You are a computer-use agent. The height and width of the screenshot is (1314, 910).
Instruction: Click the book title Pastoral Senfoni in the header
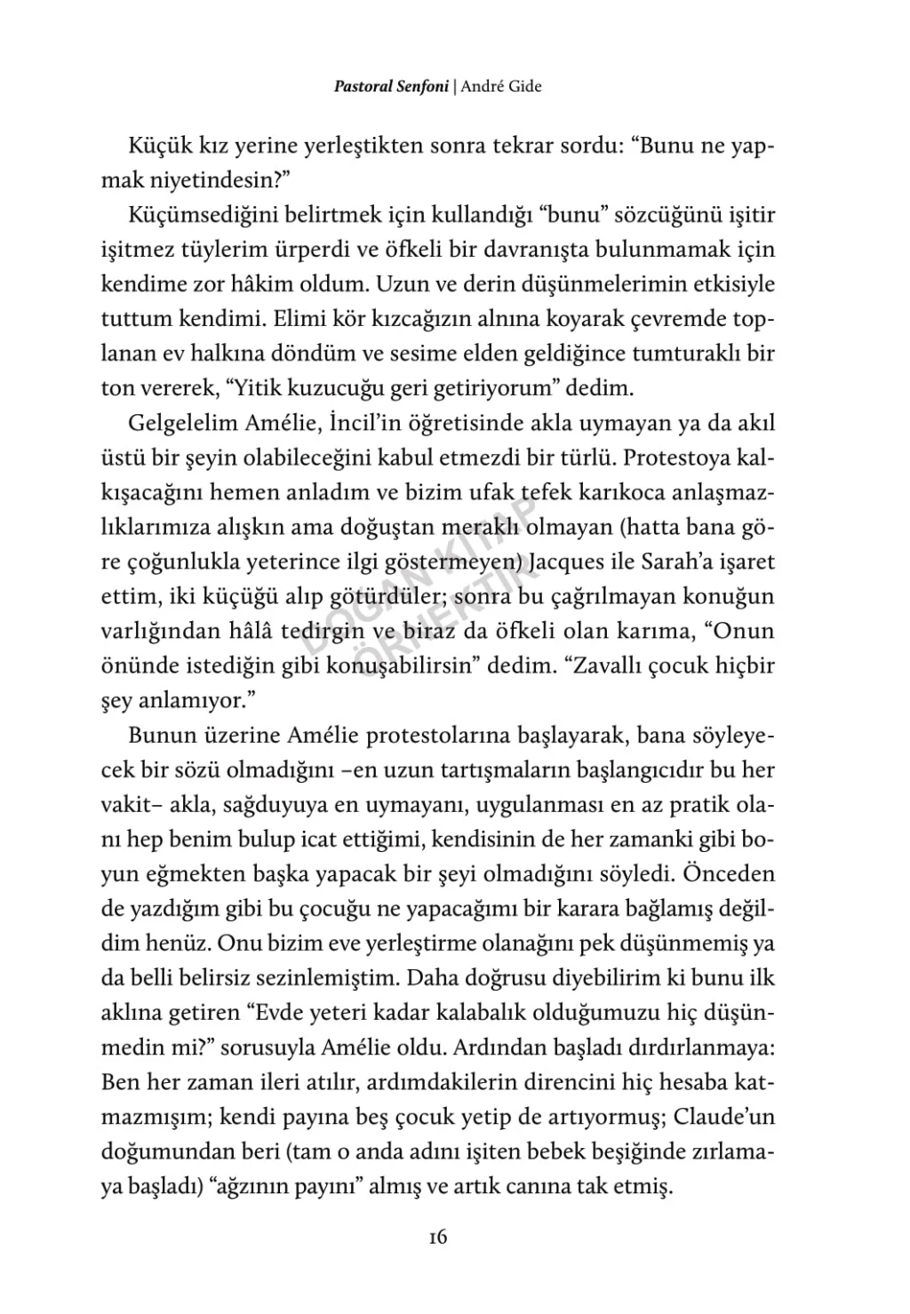[x=391, y=87]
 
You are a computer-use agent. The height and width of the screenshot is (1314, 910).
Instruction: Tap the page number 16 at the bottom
[x=436, y=1237]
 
